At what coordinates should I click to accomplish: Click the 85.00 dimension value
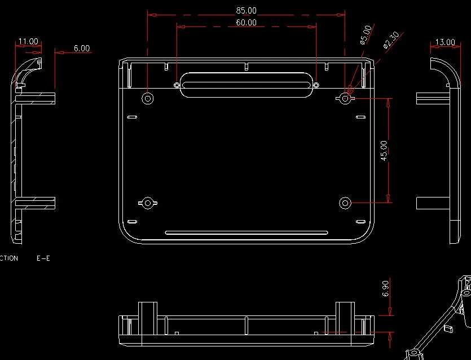click(x=246, y=10)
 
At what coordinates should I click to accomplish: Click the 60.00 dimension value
click(x=246, y=23)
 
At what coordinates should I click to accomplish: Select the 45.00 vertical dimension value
click(x=384, y=151)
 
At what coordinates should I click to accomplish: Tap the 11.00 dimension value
click(x=28, y=41)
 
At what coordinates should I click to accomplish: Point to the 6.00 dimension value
click(x=82, y=49)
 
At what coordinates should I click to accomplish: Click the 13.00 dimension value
click(x=445, y=42)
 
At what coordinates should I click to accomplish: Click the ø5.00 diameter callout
click(x=366, y=34)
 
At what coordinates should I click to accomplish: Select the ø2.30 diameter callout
click(x=391, y=40)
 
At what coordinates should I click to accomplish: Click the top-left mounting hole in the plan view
click(x=148, y=98)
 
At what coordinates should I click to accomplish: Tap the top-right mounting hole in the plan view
click(x=345, y=98)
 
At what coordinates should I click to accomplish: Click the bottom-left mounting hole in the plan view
click(x=148, y=203)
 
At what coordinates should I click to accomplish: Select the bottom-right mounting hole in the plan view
click(x=345, y=203)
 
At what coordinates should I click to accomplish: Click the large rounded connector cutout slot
click(x=246, y=85)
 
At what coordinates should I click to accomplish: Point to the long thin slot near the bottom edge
click(x=246, y=232)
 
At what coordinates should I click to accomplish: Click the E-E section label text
click(x=43, y=258)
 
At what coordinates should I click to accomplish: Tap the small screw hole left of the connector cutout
click(x=177, y=85)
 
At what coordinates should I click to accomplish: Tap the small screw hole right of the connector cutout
click(x=316, y=85)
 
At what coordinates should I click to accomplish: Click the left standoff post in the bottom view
click(x=148, y=315)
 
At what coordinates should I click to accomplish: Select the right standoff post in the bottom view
click(x=345, y=315)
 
